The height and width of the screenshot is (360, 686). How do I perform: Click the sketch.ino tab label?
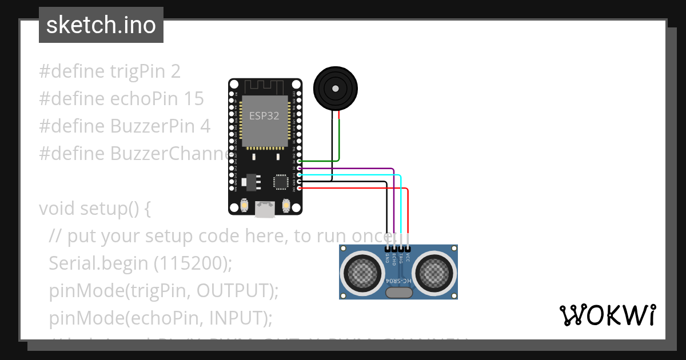(x=101, y=25)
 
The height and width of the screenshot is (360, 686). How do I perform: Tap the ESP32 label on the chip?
(x=264, y=115)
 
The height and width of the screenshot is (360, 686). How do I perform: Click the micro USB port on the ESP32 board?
(x=265, y=210)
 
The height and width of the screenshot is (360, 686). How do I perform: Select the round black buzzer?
(x=336, y=88)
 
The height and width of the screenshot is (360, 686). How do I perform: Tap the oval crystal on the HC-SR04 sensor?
(x=399, y=293)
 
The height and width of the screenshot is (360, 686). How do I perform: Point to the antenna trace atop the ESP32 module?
(x=265, y=86)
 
